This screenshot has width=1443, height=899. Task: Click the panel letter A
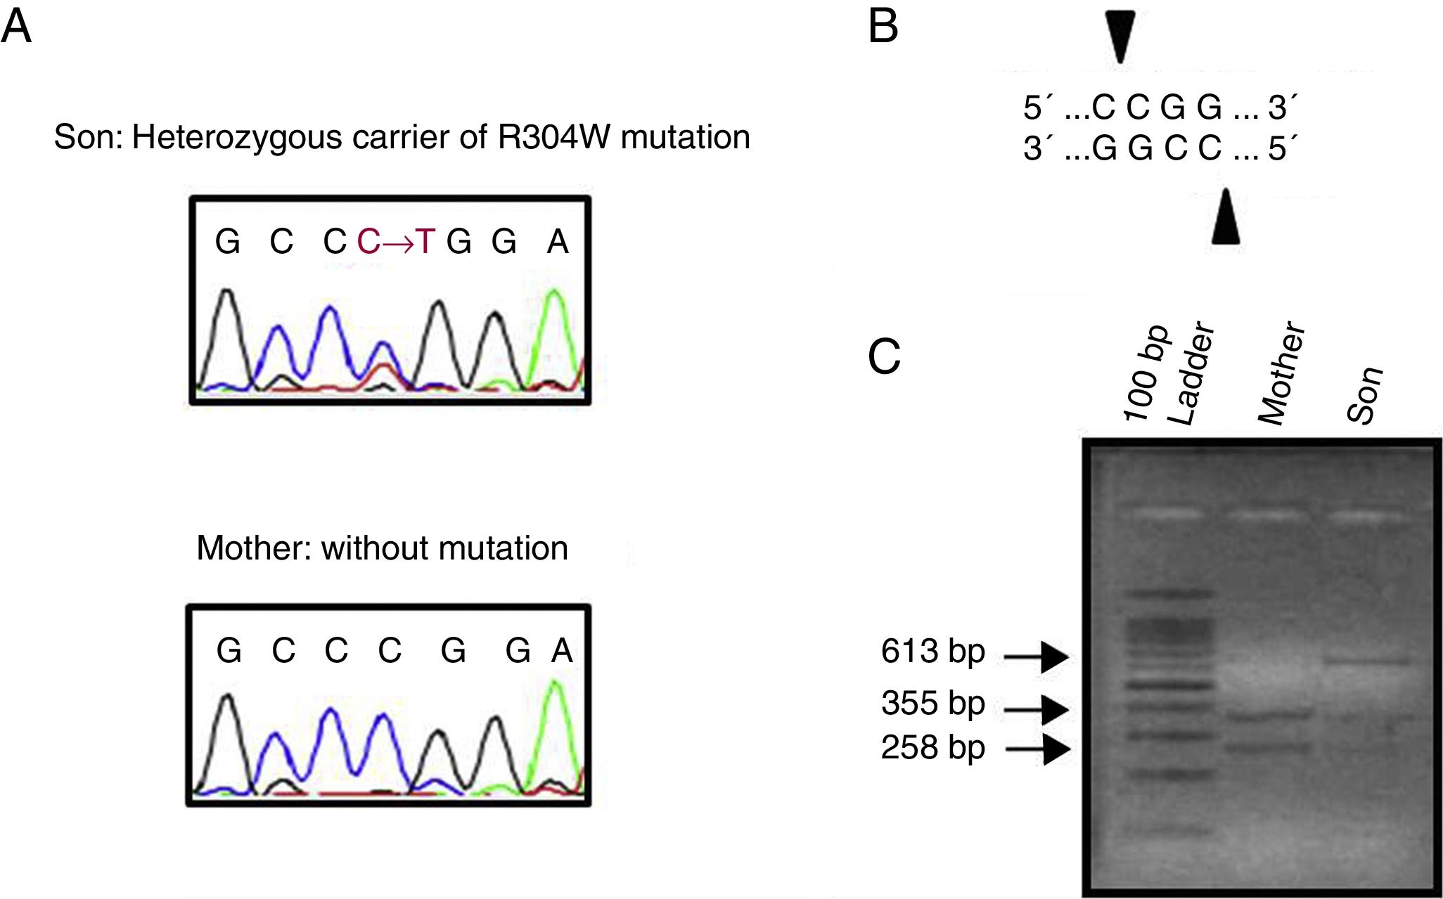pos(16,28)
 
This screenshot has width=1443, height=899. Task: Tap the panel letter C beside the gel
pos(884,356)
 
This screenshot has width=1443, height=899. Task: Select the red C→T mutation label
pos(396,242)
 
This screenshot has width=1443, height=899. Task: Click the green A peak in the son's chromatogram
pos(555,299)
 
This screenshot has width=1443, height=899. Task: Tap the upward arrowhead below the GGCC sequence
pos(1225,217)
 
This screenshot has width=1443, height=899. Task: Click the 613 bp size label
pos(932,652)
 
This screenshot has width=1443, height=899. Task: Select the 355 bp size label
pos(932,704)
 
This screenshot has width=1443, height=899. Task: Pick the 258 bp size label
pos(932,747)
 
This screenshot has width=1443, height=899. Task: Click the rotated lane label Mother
pos(1281,374)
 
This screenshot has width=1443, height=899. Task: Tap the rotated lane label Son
pos(1365,396)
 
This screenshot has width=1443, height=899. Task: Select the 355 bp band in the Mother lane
pos(1269,716)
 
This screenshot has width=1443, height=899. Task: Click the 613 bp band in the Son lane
pos(1368,661)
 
